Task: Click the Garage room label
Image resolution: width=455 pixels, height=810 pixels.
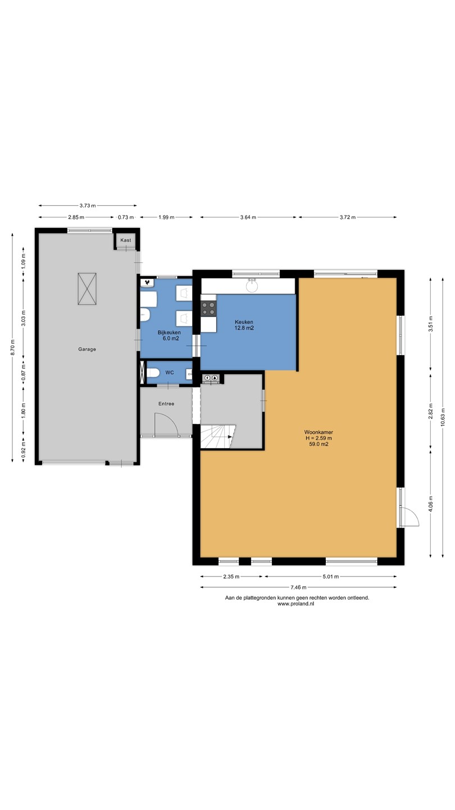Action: click(x=87, y=349)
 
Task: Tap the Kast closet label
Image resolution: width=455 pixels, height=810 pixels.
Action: click(x=126, y=240)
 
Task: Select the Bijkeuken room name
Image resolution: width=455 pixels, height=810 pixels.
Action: click(x=170, y=332)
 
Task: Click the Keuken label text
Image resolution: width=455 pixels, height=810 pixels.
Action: click(x=244, y=322)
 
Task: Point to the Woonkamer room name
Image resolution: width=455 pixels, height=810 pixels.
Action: click(x=319, y=432)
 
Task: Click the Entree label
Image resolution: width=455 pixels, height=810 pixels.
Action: click(x=166, y=403)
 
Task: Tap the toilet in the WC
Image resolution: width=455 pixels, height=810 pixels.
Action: click(x=153, y=372)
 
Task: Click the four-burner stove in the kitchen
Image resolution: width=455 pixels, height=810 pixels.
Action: click(x=208, y=309)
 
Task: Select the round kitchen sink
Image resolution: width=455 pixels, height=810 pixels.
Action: click(x=252, y=286)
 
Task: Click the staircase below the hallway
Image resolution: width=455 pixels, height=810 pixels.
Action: click(x=218, y=437)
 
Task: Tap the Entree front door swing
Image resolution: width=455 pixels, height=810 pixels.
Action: click(x=166, y=425)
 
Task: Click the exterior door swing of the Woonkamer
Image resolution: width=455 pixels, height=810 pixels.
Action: click(x=410, y=516)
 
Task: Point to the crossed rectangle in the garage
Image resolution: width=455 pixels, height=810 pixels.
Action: click(x=87, y=289)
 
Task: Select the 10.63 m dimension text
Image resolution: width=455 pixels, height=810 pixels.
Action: click(x=443, y=417)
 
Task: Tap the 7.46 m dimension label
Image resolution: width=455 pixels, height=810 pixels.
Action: click(x=299, y=587)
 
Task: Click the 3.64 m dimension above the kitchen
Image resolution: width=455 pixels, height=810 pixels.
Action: click(x=248, y=217)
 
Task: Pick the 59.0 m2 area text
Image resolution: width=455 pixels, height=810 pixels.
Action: click(x=319, y=444)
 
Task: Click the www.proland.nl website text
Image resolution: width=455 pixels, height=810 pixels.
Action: click(x=295, y=604)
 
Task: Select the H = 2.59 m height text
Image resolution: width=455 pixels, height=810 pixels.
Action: click(x=319, y=438)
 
